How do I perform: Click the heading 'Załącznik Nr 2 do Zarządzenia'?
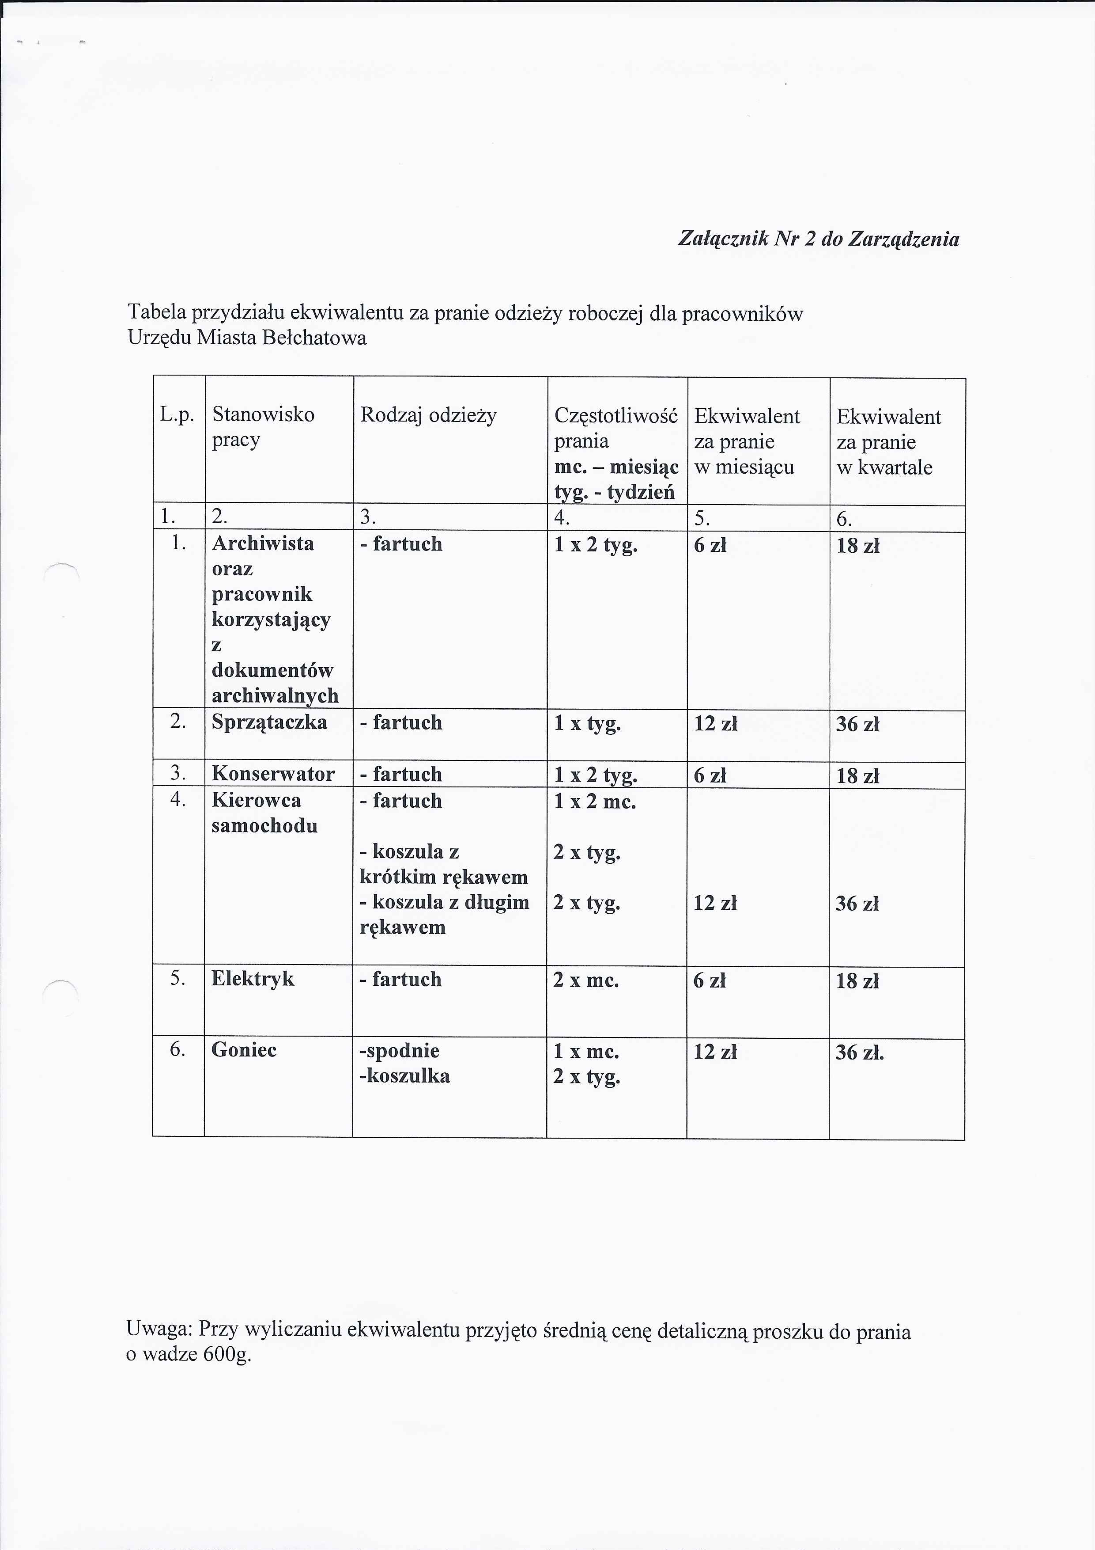pyautogui.click(x=818, y=239)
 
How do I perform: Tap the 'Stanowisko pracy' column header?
pyautogui.click(x=263, y=427)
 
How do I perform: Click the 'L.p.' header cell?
pyautogui.click(x=177, y=414)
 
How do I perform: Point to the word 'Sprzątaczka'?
pyautogui.click(x=269, y=722)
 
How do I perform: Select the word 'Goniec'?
pyautogui.click(x=244, y=1050)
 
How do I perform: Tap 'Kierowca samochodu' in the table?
pyautogui.click(x=264, y=813)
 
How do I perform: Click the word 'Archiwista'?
pyautogui.click(x=262, y=543)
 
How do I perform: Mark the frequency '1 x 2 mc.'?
pyautogui.click(x=594, y=802)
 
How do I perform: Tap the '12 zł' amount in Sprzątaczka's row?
pyautogui.click(x=715, y=724)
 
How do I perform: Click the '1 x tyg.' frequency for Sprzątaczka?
pyautogui.click(x=587, y=724)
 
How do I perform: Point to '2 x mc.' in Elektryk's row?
pyautogui.click(x=585, y=980)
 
